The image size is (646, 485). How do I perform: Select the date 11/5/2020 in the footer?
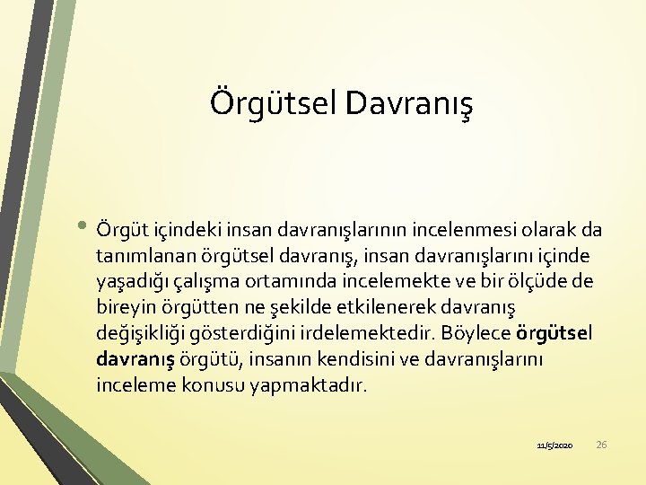pyautogui.click(x=554, y=445)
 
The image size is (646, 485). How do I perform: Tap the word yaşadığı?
pyautogui.click(x=130, y=281)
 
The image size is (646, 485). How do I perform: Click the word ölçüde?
pyautogui.click(x=535, y=281)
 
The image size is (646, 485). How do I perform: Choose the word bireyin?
pyautogui.click(x=125, y=307)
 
